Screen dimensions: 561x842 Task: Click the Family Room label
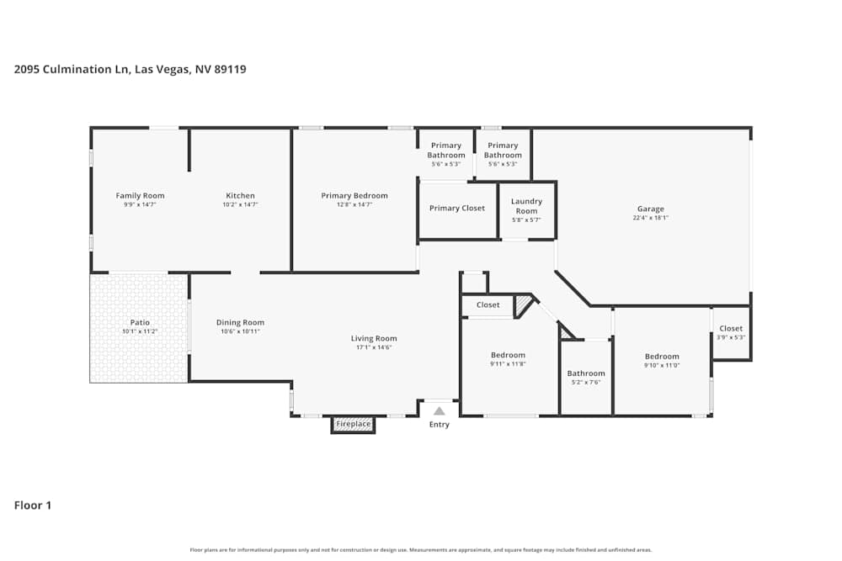[140, 196]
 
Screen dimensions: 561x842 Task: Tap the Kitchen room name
[240, 196]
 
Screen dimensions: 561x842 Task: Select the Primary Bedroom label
[354, 196]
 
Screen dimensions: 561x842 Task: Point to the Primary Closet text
[457, 209]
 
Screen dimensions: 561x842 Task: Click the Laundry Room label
[526, 206]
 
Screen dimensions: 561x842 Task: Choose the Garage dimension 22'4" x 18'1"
[650, 218]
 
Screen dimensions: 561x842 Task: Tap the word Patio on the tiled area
[140, 322]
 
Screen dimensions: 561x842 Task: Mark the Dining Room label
[240, 322]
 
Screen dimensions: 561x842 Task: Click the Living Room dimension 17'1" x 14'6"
[374, 347]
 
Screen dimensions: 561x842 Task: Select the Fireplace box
[353, 425]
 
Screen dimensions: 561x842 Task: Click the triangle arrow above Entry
[439, 411]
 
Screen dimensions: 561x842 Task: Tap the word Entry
[439, 425]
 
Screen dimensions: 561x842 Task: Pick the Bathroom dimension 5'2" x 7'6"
[586, 382]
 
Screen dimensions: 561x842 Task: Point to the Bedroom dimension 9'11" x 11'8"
[508, 364]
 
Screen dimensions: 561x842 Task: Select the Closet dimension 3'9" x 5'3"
[731, 337]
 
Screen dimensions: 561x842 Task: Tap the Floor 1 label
[33, 505]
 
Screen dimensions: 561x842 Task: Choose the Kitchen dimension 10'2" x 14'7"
[240, 204]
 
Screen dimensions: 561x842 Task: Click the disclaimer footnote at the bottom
[421, 550]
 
